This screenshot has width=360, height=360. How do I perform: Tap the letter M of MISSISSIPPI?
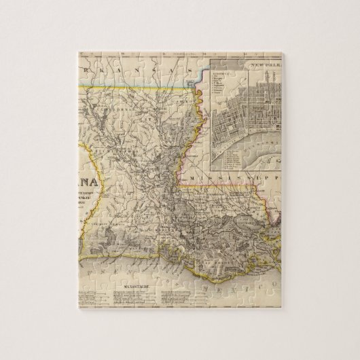click(x=192, y=175)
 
